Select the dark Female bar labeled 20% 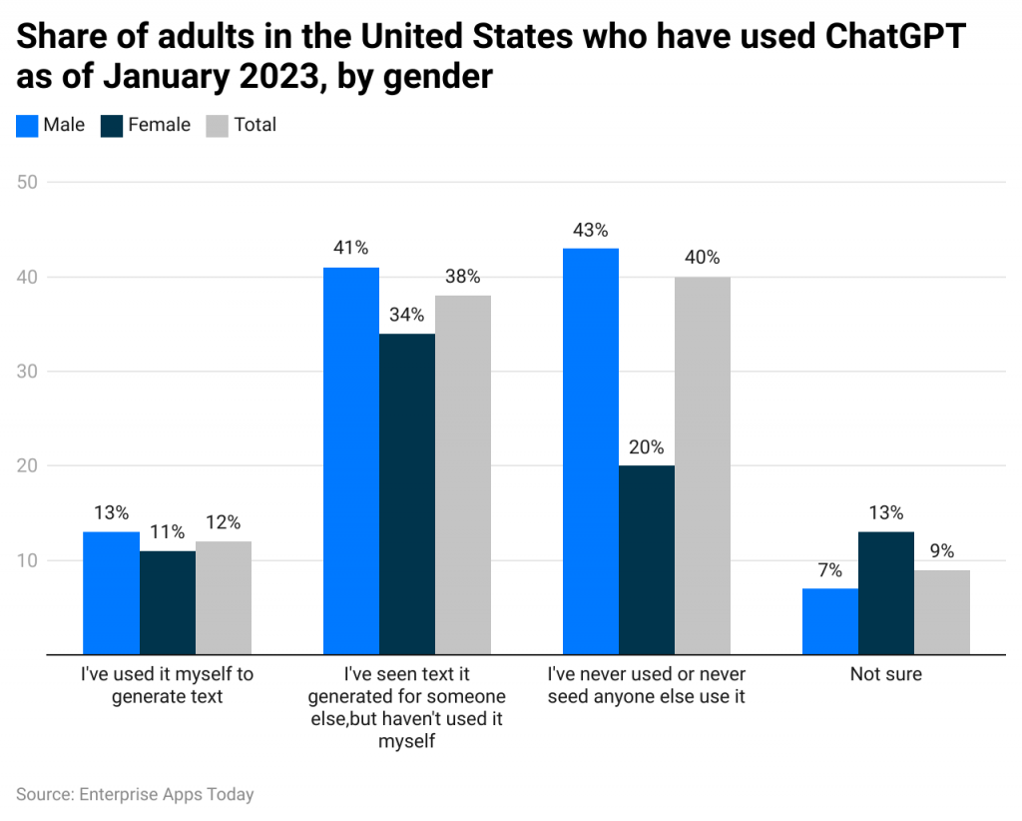pyautogui.click(x=646, y=559)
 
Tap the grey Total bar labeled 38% pyautogui.click(x=462, y=474)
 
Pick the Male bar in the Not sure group pyautogui.click(x=829, y=621)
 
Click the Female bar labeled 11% pyautogui.click(x=167, y=602)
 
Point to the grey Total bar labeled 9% pyautogui.click(x=941, y=612)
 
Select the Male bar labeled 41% pyautogui.click(x=350, y=460)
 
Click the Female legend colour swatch pyautogui.click(x=112, y=126)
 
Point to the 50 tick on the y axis pyautogui.click(x=27, y=182)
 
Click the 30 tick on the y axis pyautogui.click(x=27, y=372)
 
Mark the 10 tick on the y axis pyautogui.click(x=27, y=560)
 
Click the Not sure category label pyautogui.click(x=885, y=674)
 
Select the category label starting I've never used pyautogui.click(x=646, y=685)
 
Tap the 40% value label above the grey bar pyautogui.click(x=702, y=258)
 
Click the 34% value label pyautogui.click(x=406, y=315)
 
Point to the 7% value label pyautogui.click(x=829, y=570)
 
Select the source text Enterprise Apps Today pyautogui.click(x=166, y=795)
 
